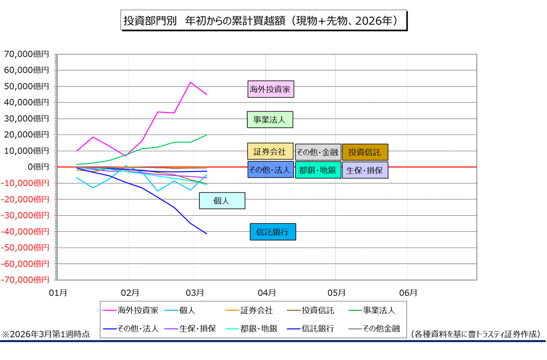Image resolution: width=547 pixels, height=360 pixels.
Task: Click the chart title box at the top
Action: [264, 20]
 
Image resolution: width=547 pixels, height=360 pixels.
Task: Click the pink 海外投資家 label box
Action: [271, 90]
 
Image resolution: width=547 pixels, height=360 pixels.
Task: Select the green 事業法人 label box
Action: [270, 120]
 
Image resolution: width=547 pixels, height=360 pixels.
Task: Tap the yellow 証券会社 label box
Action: [270, 152]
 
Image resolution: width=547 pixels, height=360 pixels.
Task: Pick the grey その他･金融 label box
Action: [318, 152]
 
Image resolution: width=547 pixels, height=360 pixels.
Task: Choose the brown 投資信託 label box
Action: [365, 152]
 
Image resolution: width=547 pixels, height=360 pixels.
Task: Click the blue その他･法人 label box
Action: [270, 170]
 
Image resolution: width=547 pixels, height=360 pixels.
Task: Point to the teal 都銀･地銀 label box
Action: [318, 170]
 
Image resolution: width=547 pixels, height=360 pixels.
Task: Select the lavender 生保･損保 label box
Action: [365, 170]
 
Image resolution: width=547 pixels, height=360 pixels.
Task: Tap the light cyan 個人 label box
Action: [222, 201]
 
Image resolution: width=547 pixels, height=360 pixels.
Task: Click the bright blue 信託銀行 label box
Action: [272, 232]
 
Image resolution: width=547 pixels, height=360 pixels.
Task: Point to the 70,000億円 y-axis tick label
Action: [26, 54]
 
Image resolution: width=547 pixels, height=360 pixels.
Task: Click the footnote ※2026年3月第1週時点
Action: [46, 335]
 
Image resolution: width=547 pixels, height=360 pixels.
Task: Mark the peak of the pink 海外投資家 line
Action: [190, 82]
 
